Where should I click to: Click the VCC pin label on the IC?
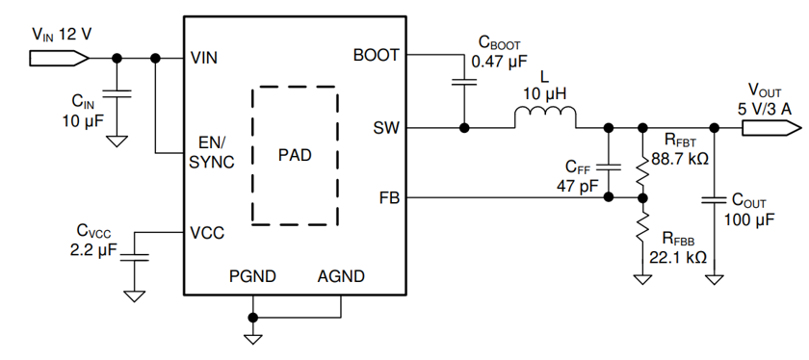point(208,232)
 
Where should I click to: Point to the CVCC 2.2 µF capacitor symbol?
point(136,256)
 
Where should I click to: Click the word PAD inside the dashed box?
point(295,155)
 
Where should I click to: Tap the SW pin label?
point(386,127)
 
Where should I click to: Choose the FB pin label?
point(388,198)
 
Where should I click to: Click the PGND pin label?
point(252,276)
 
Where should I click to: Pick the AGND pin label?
point(341,276)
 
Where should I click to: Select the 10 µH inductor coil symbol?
point(545,117)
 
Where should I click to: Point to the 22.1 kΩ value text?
point(680,257)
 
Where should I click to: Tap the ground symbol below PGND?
point(252,337)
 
